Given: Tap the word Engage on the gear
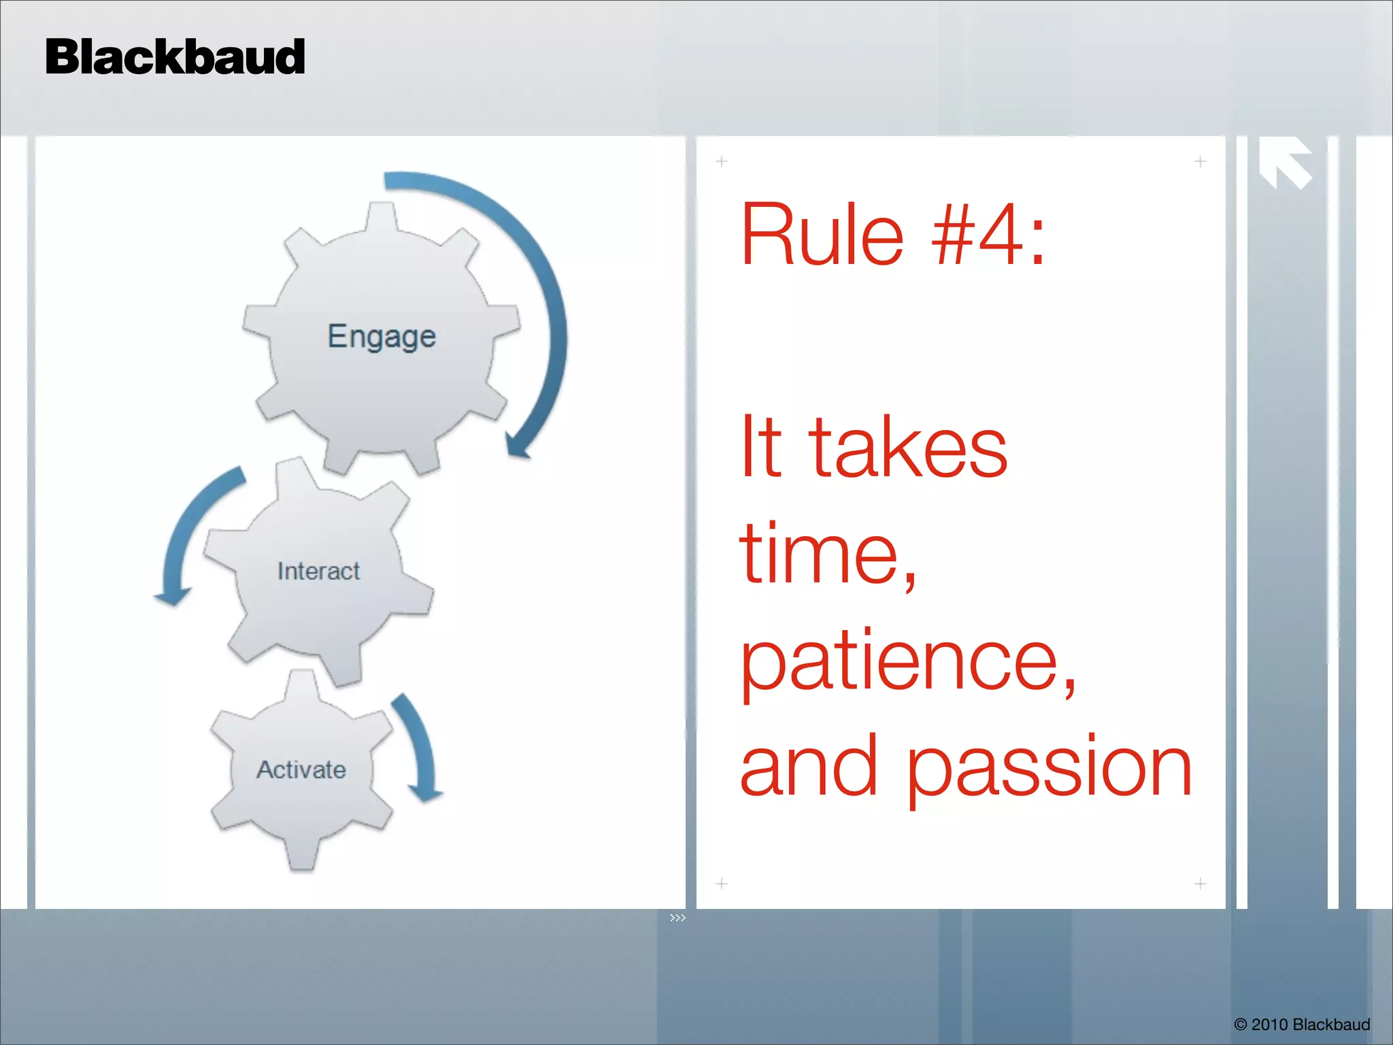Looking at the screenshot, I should [381, 337].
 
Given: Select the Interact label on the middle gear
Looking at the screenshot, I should [318, 571].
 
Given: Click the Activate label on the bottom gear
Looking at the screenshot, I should [301, 769].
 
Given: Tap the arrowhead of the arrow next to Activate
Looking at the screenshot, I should [426, 793].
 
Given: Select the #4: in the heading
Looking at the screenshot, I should [988, 235].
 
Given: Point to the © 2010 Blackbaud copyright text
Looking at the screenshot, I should [1302, 1025].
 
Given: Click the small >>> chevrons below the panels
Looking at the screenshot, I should [677, 918].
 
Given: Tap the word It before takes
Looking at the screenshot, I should [760, 447].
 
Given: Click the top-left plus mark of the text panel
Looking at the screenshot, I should [722, 161].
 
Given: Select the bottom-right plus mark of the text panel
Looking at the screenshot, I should [1200, 884].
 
